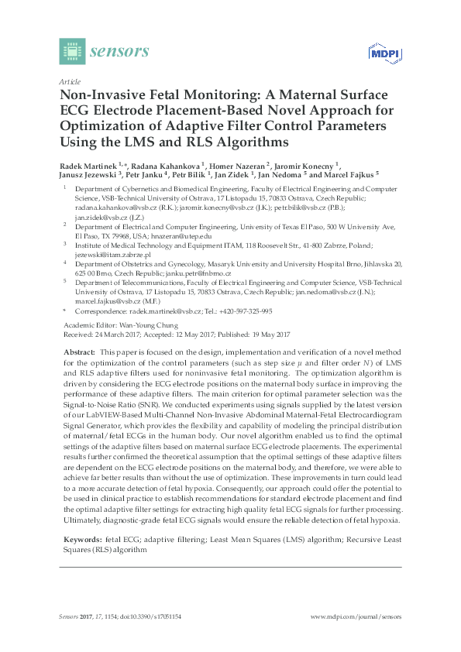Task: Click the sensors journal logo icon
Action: (71, 51)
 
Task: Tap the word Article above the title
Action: (69, 81)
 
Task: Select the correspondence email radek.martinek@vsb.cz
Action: (160, 311)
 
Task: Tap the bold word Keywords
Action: (81, 538)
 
